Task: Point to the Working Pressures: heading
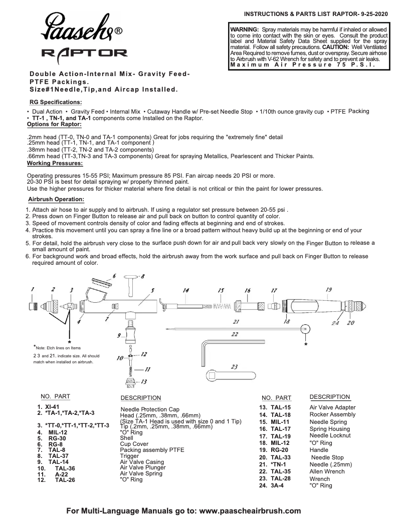click(55, 163)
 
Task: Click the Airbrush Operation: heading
click(56, 199)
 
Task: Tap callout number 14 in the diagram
click(185, 290)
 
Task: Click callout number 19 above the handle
click(329, 290)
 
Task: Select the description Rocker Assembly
click(332, 414)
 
